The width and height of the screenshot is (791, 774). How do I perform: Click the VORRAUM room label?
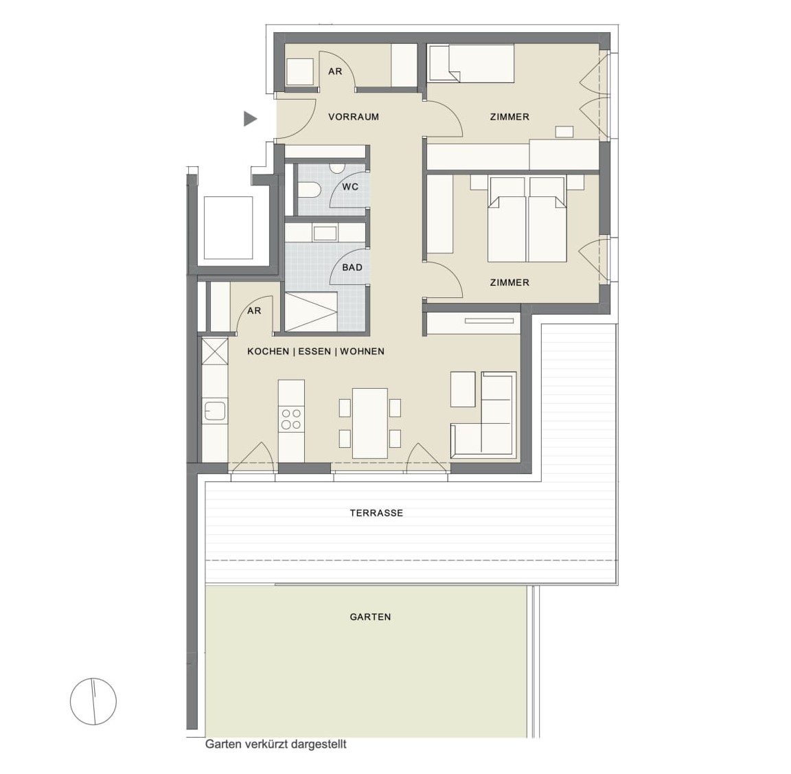(x=353, y=117)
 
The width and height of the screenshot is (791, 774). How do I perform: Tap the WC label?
(x=350, y=187)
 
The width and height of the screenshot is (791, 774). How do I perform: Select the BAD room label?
(x=352, y=267)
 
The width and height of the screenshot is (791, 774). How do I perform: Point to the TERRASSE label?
(x=376, y=513)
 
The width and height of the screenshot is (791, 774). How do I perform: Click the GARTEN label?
(x=370, y=617)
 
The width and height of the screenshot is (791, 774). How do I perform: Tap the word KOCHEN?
(x=268, y=351)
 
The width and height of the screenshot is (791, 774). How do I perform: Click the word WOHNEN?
(x=363, y=351)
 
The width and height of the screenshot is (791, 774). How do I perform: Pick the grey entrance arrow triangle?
(x=250, y=119)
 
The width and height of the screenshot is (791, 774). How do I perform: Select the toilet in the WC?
(x=309, y=191)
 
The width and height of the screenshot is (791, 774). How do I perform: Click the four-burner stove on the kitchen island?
(x=291, y=420)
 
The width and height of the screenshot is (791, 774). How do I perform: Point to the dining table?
(x=370, y=423)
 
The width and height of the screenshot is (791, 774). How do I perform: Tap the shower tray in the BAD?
(x=311, y=312)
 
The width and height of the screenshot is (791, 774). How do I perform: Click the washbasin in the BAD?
(x=325, y=233)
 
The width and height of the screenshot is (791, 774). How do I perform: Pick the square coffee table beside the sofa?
(x=463, y=389)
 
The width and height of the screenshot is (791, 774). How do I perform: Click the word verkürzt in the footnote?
(x=265, y=744)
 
